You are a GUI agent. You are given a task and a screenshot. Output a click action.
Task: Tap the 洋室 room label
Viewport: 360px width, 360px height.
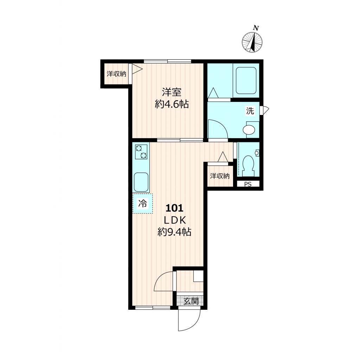pos(172,92)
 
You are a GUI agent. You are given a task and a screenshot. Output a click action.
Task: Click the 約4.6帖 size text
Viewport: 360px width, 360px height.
pos(172,104)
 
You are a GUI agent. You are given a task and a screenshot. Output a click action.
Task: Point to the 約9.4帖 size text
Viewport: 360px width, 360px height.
pos(174,232)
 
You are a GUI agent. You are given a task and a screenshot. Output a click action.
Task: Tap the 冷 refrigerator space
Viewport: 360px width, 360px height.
pos(142,203)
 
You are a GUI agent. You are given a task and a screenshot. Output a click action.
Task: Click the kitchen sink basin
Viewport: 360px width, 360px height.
pos(141,182)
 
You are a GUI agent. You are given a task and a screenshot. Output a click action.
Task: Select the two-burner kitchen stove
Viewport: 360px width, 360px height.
pos(141,152)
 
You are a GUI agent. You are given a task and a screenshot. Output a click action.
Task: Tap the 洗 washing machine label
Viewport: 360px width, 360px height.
pos(250,111)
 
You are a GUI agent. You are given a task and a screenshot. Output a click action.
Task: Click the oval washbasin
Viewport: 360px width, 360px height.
pos(249,130)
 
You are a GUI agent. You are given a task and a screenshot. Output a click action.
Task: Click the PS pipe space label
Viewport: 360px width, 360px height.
pos(248,184)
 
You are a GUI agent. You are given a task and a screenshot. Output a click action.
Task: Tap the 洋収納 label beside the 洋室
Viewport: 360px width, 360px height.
pos(116,74)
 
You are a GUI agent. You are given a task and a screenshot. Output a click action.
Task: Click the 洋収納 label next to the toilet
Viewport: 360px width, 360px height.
pos(220,176)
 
